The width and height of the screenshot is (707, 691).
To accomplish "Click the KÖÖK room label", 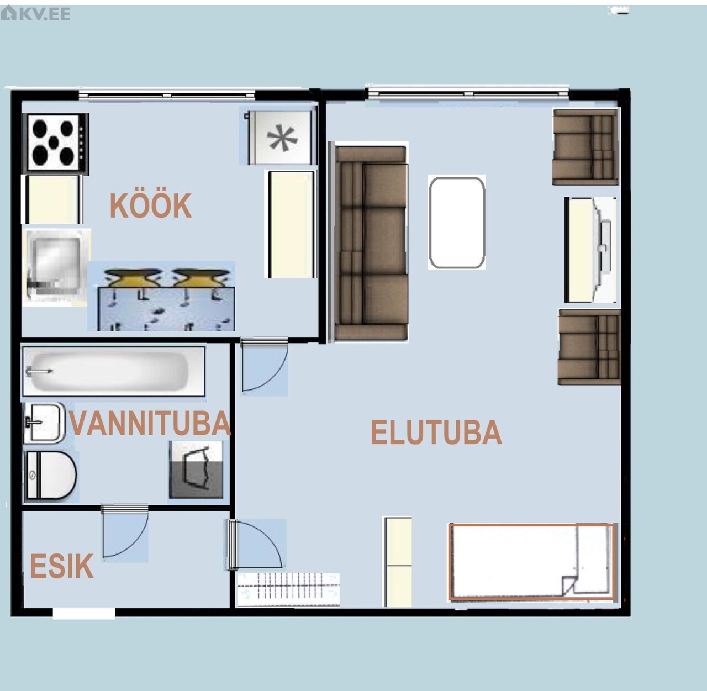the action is coord(150,205).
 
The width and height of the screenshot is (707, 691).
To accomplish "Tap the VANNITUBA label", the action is coord(150,423).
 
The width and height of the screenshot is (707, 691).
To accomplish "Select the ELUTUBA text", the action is coord(436,432).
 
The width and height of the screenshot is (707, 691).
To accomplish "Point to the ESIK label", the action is coord(62,566).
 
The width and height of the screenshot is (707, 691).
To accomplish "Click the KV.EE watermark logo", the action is coord(35,14).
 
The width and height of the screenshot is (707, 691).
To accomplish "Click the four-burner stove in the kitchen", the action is coord(56,143).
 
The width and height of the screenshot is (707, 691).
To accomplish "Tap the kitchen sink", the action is coord(56,267).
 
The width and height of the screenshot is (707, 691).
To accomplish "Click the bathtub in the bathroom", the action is coord(114,371).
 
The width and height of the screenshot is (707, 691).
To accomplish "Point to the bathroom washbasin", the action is coord(44,423).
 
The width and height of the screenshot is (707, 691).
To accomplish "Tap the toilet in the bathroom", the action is coord(50,475).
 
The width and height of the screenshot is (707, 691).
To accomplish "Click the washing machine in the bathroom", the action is coord(196,470).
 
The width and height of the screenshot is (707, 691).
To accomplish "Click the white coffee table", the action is coord(457,223).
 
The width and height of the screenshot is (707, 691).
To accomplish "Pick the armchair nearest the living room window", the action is coord(585,147).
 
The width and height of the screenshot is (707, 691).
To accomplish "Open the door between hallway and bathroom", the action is coord(125,532).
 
